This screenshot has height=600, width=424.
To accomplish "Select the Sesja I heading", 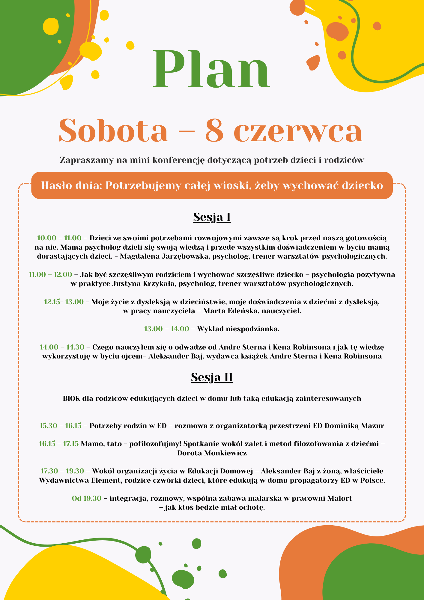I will tap(212, 217).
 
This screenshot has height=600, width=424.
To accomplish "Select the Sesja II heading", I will tap(212, 377).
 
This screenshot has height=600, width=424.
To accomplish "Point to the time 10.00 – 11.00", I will tap(59, 238).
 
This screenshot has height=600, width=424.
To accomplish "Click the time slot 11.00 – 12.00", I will tap(50, 274).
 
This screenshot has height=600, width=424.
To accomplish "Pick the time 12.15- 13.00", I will tap(64, 302).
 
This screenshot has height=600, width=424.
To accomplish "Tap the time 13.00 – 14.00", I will tap(167, 329).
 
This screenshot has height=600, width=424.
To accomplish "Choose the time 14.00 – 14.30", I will tap(62, 347).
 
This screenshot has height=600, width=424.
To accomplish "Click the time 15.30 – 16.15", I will tap(61, 425).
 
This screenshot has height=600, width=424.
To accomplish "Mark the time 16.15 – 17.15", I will tap(59, 444).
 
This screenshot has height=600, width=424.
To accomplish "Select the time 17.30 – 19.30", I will tap(62, 471).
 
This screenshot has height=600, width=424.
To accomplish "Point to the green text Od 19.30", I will tap(87, 498).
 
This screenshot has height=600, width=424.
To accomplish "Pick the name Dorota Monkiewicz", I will tap(212, 453).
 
